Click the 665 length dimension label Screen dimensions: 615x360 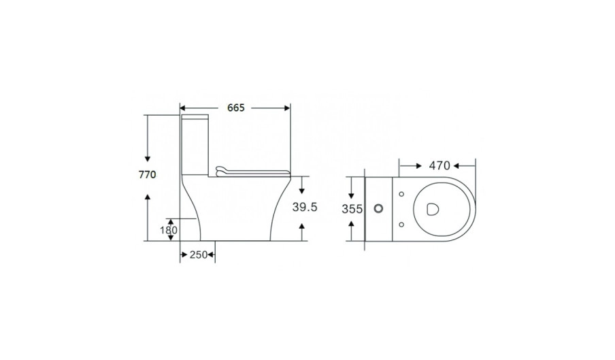coord(235,108)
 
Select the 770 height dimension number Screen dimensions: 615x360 coord(148,174)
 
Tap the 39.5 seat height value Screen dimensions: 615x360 coord(305,207)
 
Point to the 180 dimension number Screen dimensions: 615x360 coord(169,230)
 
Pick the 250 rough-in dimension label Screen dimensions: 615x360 coord(199,255)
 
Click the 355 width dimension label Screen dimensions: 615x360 coord(352,210)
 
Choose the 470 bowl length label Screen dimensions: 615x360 coord(439,166)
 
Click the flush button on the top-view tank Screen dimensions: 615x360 coord(378,208)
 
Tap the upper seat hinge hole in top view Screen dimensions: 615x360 coord(401,194)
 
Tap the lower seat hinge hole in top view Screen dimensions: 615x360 coord(401,225)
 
